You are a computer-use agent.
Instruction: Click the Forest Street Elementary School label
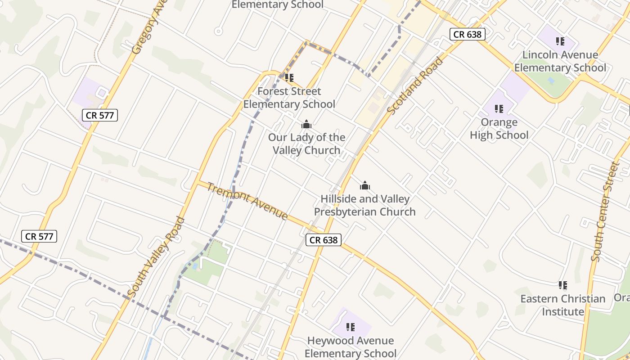point(289,98)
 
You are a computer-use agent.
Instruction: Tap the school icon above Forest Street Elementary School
point(289,78)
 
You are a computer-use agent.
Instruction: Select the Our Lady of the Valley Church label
point(306,144)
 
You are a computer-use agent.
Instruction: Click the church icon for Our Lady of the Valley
point(306,124)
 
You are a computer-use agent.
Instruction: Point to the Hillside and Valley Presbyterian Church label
point(364,205)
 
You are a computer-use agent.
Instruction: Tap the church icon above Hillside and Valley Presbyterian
point(365,185)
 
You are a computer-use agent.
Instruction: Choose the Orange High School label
point(499,129)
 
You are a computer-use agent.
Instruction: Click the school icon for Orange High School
point(499,109)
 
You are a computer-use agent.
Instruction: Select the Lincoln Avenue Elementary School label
point(560,62)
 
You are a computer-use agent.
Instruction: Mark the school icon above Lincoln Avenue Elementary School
point(560,41)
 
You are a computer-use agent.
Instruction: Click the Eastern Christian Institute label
point(563,305)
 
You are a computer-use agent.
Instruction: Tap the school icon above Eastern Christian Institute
point(562,285)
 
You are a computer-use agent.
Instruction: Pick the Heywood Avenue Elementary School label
point(351,347)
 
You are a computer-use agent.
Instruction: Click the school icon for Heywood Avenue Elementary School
point(351,327)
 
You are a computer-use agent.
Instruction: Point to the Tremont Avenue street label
point(247,201)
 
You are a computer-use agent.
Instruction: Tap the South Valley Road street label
point(156,257)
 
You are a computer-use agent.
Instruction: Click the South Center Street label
point(605,211)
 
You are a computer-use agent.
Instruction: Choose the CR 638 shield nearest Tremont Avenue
point(324,240)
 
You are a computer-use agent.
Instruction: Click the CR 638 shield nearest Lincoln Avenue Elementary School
point(468,34)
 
